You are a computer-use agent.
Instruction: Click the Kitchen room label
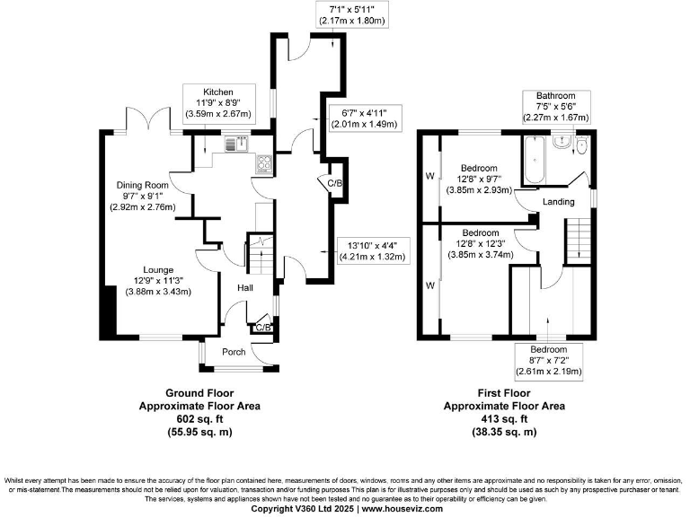(217, 92)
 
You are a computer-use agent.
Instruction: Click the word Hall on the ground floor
(244, 288)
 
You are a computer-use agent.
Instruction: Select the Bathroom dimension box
(562, 106)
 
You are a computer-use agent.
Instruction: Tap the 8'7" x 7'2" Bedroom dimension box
(548, 361)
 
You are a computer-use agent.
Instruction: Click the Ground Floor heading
(199, 393)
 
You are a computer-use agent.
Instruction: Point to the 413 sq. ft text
(503, 418)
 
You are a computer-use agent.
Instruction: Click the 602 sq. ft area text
(199, 418)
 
